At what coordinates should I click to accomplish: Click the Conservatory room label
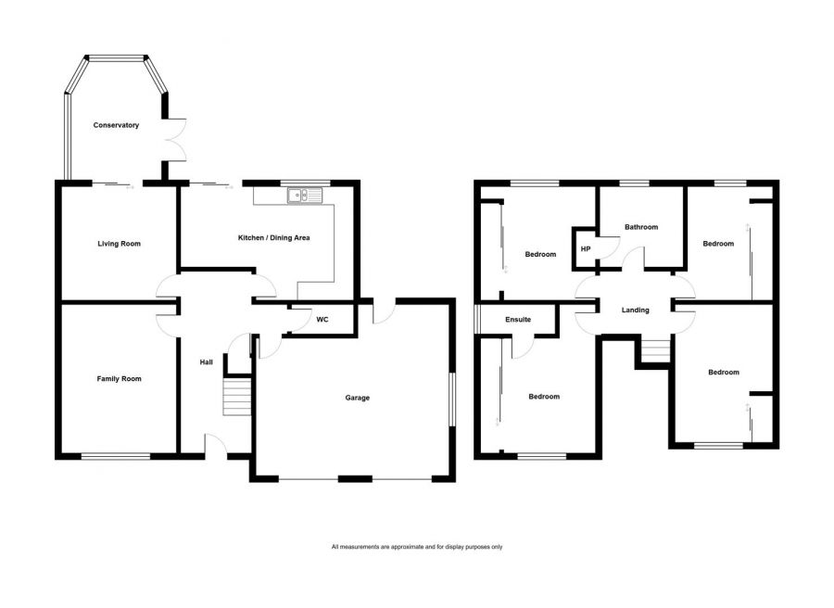[116, 125]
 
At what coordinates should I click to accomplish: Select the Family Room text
[119, 378]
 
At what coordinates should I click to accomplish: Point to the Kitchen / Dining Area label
[273, 238]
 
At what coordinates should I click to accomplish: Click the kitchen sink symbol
[304, 196]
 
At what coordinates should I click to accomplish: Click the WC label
[322, 320]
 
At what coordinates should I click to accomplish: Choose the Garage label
[358, 398]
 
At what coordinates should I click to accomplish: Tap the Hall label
[207, 362]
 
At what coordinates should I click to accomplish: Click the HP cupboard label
[586, 249]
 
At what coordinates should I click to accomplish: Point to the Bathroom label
[640, 227]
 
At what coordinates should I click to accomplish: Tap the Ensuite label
[518, 320]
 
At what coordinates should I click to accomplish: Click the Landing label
[635, 310]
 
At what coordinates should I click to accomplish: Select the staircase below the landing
[654, 350]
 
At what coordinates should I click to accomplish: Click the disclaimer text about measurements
[416, 547]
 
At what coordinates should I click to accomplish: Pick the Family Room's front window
[115, 455]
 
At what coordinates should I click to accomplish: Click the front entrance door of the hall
[216, 447]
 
